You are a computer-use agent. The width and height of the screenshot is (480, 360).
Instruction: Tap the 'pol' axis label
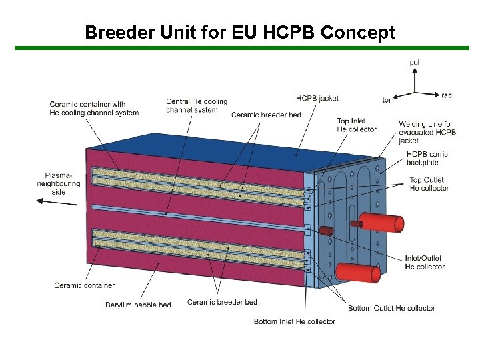(x=415, y=63)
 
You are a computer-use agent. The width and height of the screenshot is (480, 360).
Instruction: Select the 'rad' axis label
(x=446, y=95)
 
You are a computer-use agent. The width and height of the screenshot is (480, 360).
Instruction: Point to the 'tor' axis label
(x=387, y=100)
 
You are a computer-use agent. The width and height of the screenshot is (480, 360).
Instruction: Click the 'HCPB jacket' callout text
(x=317, y=98)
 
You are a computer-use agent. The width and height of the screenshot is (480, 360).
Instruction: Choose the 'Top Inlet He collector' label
(x=357, y=125)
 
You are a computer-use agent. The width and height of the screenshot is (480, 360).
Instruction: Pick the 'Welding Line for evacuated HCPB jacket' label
(x=427, y=132)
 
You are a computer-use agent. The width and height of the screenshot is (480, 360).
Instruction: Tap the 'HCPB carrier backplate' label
(x=429, y=158)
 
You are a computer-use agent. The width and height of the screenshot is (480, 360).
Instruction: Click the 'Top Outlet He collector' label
(x=429, y=184)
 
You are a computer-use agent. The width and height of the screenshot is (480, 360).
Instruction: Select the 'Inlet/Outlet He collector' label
(x=425, y=263)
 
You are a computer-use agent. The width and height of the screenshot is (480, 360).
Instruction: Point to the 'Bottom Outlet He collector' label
(x=391, y=308)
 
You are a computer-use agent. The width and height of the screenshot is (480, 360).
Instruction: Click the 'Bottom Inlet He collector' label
(x=295, y=321)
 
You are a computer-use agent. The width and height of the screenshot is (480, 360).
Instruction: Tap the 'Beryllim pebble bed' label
(x=138, y=305)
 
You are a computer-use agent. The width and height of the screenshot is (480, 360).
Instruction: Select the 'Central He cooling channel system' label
(x=197, y=105)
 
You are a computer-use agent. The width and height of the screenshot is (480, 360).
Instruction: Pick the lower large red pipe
(x=358, y=271)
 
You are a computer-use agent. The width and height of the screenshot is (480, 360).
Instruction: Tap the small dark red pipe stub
(x=326, y=231)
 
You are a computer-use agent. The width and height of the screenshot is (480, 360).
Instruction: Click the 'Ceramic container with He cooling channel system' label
(x=94, y=108)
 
